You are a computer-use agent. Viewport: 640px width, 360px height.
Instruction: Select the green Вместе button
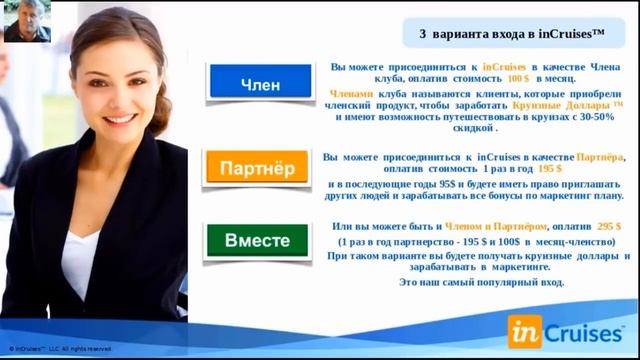click(257, 241)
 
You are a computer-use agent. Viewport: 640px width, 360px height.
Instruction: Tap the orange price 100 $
click(518, 78)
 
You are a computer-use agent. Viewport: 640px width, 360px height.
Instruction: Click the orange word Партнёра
click(602, 157)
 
